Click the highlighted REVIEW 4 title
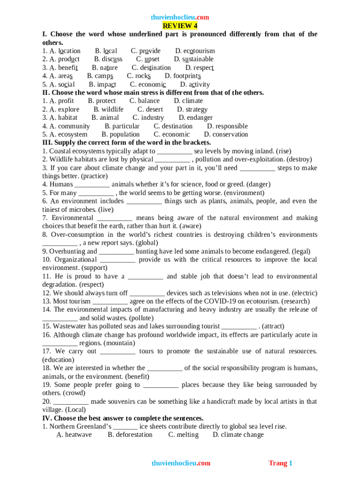tap(180, 26)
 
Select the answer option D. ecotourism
tap(195, 51)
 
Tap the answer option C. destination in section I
tap(151, 68)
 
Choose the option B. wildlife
tap(108, 109)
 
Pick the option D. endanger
tap(195, 118)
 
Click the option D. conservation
tap(226, 135)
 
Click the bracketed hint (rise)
tap(283, 152)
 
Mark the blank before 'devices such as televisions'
tap(147, 293)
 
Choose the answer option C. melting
tap(183, 435)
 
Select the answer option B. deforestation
tap(130, 435)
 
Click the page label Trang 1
tap(280, 464)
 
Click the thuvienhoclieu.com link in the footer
tap(181, 464)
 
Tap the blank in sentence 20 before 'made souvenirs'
tap(71, 402)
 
